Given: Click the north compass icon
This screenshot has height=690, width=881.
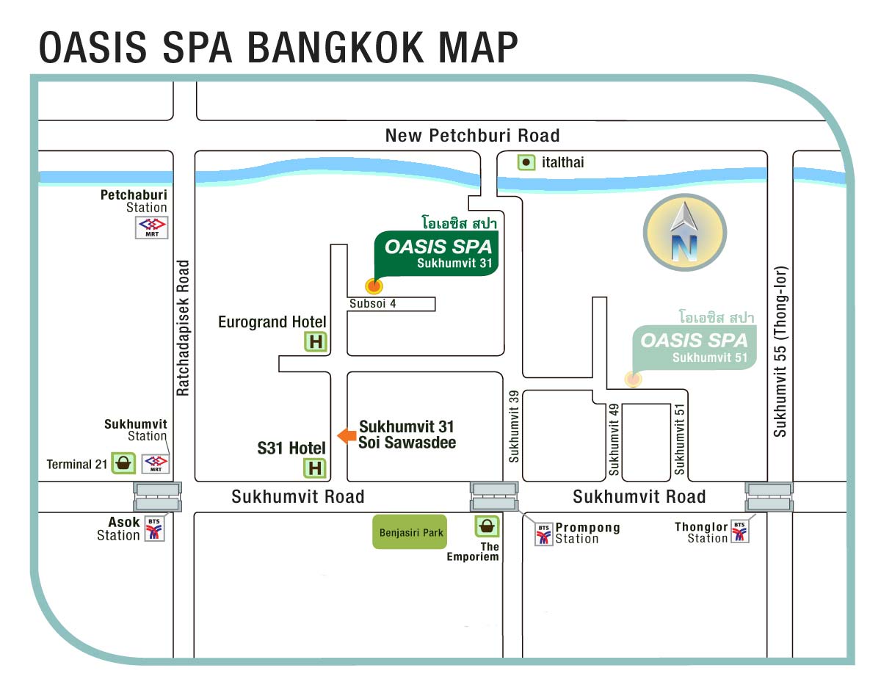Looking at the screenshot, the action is (x=684, y=232).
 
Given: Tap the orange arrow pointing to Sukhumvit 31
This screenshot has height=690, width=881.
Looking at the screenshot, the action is (x=347, y=435).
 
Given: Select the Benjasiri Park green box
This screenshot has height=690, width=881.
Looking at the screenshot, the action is (x=410, y=532).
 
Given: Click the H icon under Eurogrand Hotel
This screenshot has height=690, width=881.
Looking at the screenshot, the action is (x=316, y=341).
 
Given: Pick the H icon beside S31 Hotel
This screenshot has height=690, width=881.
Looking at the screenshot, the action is (x=315, y=468).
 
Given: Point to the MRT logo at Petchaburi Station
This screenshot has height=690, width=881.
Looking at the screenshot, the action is (x=152, y=228).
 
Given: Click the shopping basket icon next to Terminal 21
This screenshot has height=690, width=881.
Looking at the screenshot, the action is (x=123, y=462).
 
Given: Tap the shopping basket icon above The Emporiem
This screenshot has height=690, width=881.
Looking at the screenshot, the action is (x=487, y=526).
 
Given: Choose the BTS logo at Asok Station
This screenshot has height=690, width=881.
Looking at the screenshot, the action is (x=154, y=529).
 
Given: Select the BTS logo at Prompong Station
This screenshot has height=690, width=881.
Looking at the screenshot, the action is (x=544, y=534).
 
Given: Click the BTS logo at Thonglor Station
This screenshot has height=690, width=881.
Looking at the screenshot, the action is (x=739, y=531).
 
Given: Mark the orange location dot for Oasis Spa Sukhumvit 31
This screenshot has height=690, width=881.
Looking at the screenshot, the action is (x=374, y=286).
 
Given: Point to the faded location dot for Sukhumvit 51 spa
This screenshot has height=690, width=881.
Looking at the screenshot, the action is (x=633, y=379).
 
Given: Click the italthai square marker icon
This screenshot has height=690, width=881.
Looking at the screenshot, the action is (x=526, y=162).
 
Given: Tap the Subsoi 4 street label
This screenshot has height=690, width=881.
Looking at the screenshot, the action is (x=373, y=303).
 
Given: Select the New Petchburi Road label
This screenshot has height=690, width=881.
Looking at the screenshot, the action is (x=472, y=135).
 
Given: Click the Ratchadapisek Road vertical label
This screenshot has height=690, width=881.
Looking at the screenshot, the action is (x=183, y=328).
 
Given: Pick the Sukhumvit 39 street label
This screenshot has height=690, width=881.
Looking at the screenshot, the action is (x=514, y=426).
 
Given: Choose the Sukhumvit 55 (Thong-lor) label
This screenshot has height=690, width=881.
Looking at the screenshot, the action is (x=780, y=352).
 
